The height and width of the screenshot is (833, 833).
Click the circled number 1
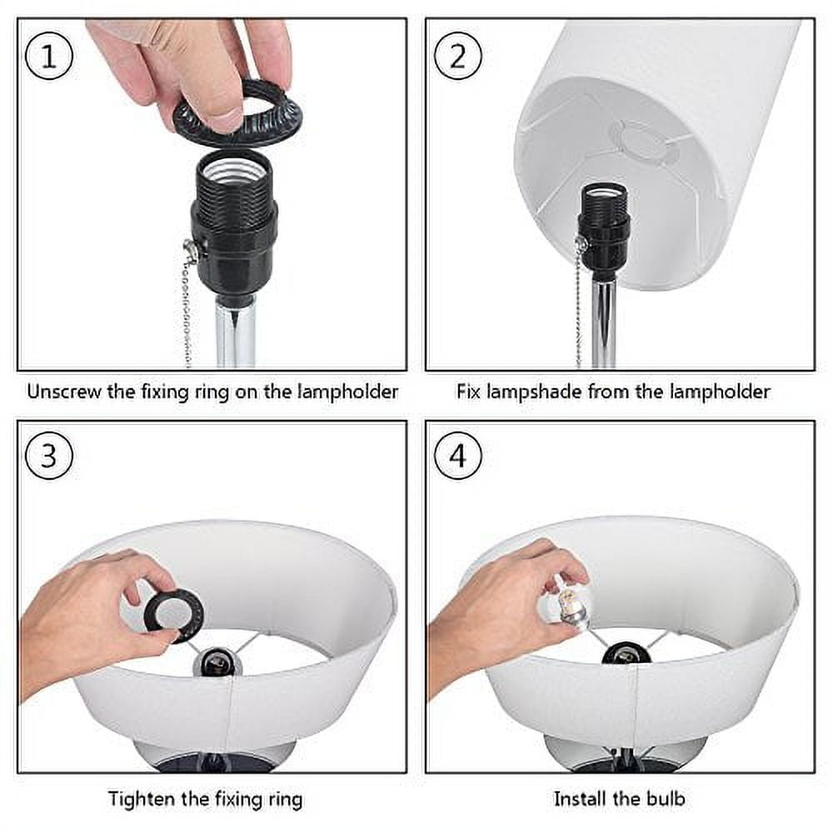tap(49, 57)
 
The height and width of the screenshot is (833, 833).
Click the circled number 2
tap(458, 57)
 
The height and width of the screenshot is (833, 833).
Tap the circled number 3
tap(49, 456)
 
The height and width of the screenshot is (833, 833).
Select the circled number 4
tap(458, 456)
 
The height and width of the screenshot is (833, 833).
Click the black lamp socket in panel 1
tap(234, 226)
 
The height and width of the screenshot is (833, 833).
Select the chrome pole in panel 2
tap(604, 324)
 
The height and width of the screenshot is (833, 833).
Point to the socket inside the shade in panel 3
tap(217, 661)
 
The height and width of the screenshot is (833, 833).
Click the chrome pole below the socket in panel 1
tap(236, 336)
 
